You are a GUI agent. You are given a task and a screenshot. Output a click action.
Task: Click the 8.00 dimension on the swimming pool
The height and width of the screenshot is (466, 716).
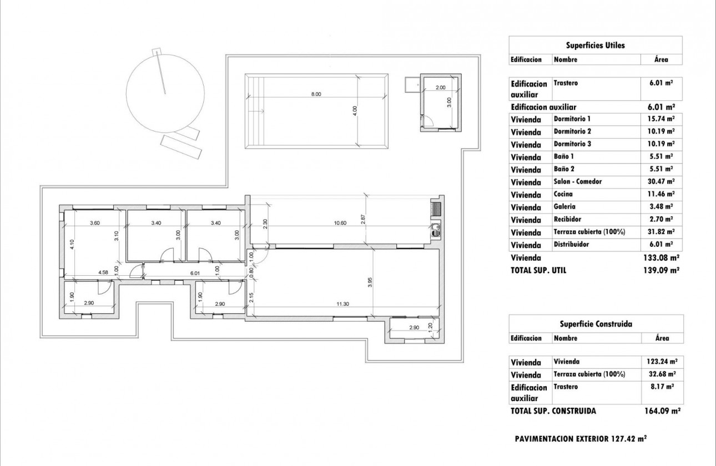coord(315,94)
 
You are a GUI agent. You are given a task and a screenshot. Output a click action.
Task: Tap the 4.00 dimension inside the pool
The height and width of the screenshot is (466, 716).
coord(356,110)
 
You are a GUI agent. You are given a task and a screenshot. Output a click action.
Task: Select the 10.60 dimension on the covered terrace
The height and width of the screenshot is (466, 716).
coord(340,223)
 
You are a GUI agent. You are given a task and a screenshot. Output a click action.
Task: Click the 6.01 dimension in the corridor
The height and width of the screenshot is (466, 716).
coord(194,272)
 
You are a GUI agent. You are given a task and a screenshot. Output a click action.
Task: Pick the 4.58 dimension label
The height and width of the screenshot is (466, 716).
coord(103,272)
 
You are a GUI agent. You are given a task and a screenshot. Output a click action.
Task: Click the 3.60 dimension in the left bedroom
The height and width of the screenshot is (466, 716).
coord(95,223)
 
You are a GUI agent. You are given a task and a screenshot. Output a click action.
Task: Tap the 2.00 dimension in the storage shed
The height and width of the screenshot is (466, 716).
coord(440,88)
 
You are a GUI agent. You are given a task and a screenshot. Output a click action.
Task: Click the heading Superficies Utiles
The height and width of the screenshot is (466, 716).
coord(595,45)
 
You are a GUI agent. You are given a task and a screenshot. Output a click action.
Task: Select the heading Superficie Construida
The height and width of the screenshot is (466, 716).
coord(595,324)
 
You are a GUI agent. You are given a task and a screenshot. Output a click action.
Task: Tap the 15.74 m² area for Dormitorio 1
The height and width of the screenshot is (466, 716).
coord(662,119)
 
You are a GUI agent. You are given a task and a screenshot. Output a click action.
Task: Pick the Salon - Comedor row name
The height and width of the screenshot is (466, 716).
coord(577,182)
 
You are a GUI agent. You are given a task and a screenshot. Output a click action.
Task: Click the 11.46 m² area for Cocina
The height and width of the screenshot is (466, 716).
coord(662,195)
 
